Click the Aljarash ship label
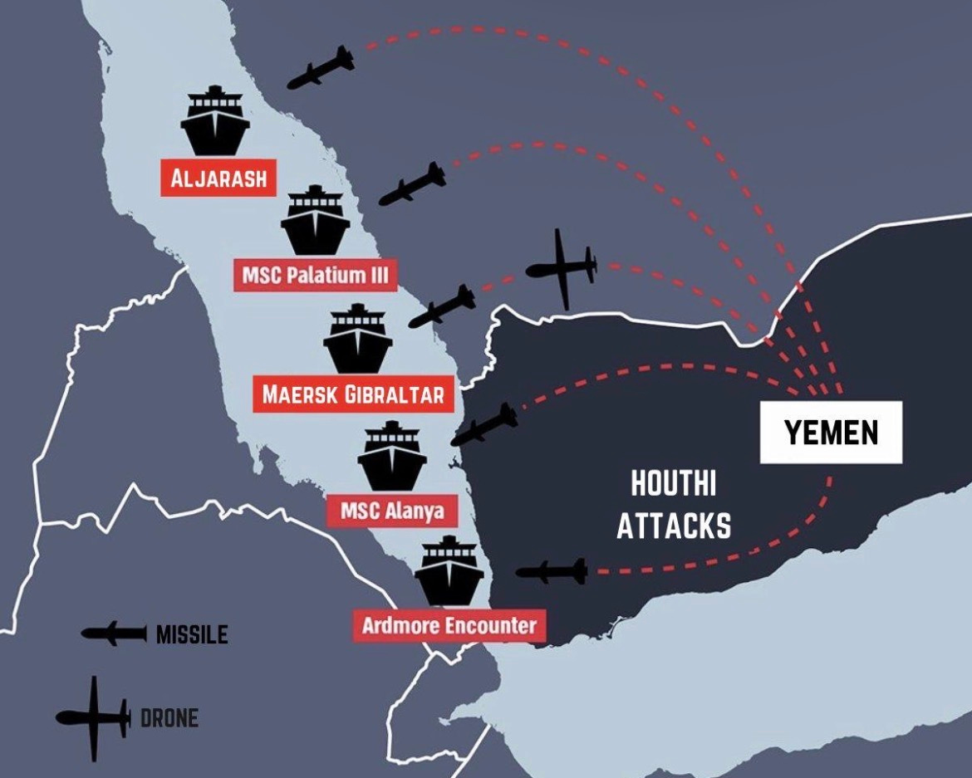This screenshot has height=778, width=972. tap(218, 179)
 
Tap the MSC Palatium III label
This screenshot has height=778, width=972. tap(315, 274)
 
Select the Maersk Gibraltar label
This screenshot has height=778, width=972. tap(353, 394)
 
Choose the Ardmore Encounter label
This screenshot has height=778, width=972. tap(449, 624)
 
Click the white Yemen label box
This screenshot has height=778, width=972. tap(831, 433)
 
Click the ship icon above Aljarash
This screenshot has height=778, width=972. tap(215, 122)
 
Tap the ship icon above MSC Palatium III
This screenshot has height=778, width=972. tap(315, 222)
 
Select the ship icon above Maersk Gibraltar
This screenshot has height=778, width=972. tap(357, 340)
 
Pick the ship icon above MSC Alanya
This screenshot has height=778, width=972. tap(392, 457)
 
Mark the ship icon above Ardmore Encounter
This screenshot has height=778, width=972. tap(449, 572)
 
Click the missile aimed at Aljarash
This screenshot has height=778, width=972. tap(321, 68)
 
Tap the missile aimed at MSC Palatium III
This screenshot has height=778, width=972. tap(413, 184)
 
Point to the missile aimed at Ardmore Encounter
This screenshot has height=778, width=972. tap(552, 571)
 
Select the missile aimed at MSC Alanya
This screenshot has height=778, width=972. tap(484, 424)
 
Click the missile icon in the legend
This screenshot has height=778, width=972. tap(114, 634)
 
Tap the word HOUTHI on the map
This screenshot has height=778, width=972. tap(673, 483)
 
